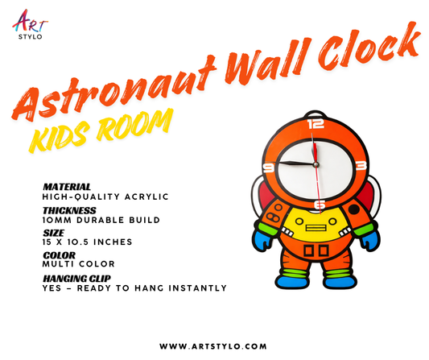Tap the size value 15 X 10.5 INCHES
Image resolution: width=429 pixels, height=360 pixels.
click(x=87, y=242)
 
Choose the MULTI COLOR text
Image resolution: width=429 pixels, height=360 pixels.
click(x=79, y=264)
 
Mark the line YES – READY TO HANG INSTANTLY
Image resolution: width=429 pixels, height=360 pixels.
click(x=134, y=288)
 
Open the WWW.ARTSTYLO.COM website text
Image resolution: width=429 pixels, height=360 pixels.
click(x=214, y=346)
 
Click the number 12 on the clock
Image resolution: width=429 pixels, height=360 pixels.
click(x=316, y=125)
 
